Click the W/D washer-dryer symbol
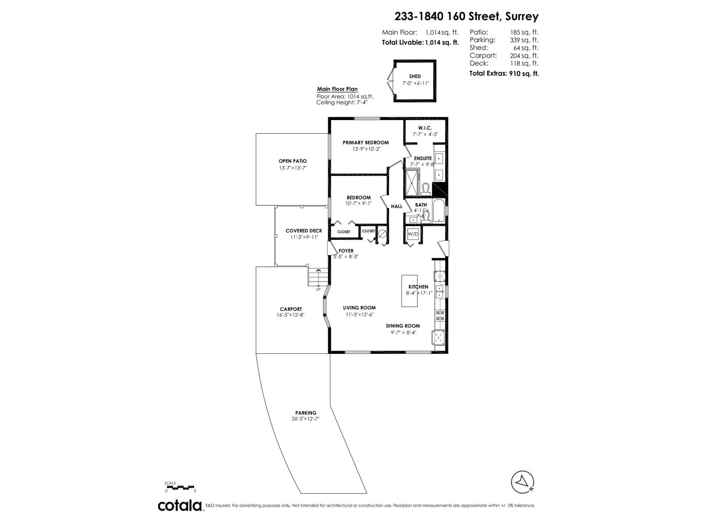[x=413, y=235]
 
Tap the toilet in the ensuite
[x=425, y=189]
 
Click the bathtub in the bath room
[x=438, y=211]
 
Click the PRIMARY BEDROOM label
[x=365, y=142]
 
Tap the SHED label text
[x=415, y=76]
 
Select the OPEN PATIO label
[x=293, y=161]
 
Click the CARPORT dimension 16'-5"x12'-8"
[x=291, y=315]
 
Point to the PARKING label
[x=305, y=412]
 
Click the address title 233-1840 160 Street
[x=466, y=16]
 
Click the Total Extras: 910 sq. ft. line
[x=504, y=73]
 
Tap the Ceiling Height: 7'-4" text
[x=342, y=103]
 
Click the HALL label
[x=397, y=206]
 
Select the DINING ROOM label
[x=403, y=326]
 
